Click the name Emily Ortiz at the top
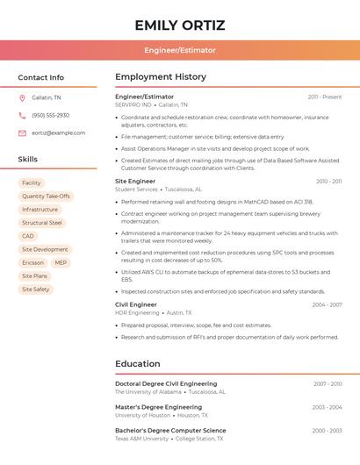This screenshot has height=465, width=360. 179,25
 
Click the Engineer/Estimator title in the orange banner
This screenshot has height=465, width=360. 179,50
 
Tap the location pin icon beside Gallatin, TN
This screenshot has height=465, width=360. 22,97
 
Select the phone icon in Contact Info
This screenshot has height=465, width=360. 22,115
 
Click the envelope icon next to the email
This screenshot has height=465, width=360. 22,132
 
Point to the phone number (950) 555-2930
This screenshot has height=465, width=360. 50,115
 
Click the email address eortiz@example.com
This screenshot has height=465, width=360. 58,132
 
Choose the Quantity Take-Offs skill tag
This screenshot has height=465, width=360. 46,197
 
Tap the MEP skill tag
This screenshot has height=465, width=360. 61,262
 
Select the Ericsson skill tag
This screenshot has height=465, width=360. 32,262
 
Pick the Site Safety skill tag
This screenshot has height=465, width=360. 35,289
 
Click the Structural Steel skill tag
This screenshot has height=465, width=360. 42,223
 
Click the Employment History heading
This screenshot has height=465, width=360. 161,77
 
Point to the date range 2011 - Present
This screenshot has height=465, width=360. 324,97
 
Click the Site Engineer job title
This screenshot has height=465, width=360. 135,182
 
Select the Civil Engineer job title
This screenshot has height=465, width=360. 136,304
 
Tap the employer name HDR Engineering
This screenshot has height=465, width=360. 136,312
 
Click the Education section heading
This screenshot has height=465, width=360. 138,364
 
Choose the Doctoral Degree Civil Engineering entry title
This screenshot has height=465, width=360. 166,383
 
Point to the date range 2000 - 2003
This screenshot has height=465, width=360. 327,431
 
